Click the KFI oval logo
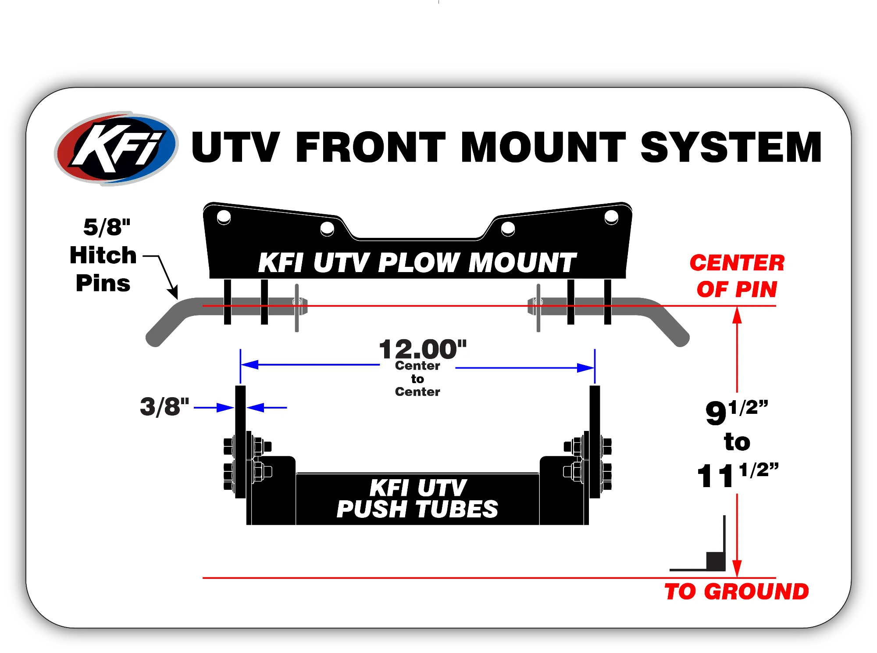116,148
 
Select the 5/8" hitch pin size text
107,227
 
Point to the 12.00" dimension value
423,350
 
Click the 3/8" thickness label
164,407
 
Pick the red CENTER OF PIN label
737,276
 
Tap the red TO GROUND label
737,592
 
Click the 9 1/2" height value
737,412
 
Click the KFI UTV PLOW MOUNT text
417,263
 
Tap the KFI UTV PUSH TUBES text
417,499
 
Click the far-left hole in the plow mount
224,217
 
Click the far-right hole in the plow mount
611,217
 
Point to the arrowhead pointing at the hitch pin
174,292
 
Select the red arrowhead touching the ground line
737,569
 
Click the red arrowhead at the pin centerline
737,315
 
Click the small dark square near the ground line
715,561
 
